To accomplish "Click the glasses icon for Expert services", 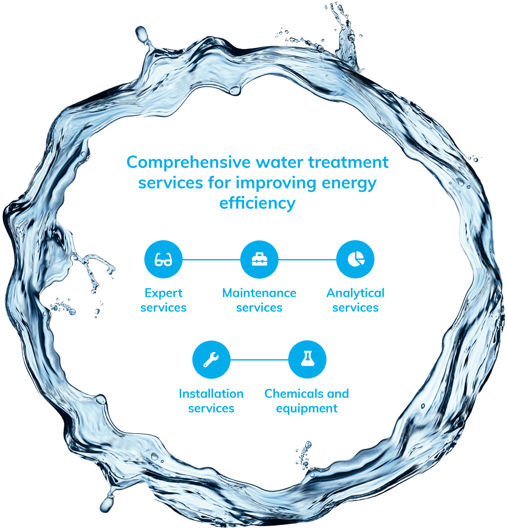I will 163,260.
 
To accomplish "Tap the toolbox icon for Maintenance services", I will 259,260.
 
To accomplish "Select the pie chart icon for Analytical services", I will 355,260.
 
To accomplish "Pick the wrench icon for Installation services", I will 211,360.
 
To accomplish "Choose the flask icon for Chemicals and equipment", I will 307,360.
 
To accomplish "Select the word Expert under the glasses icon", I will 163,294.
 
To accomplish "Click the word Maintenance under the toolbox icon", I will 259,294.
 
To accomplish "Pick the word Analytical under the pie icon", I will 355,294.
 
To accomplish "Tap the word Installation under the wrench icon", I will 211,394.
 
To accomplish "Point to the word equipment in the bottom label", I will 307,408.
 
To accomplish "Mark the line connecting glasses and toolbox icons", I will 211,260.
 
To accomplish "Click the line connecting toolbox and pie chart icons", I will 307,260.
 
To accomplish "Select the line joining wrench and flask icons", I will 259,360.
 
